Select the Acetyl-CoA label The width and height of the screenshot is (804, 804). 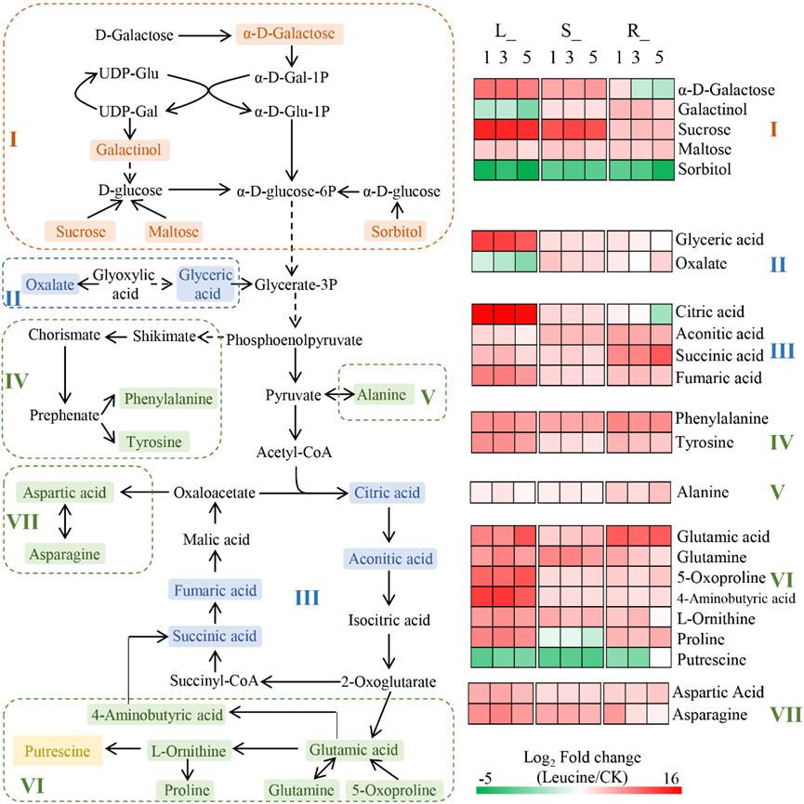[296, 452]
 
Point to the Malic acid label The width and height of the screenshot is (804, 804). [214, 539]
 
